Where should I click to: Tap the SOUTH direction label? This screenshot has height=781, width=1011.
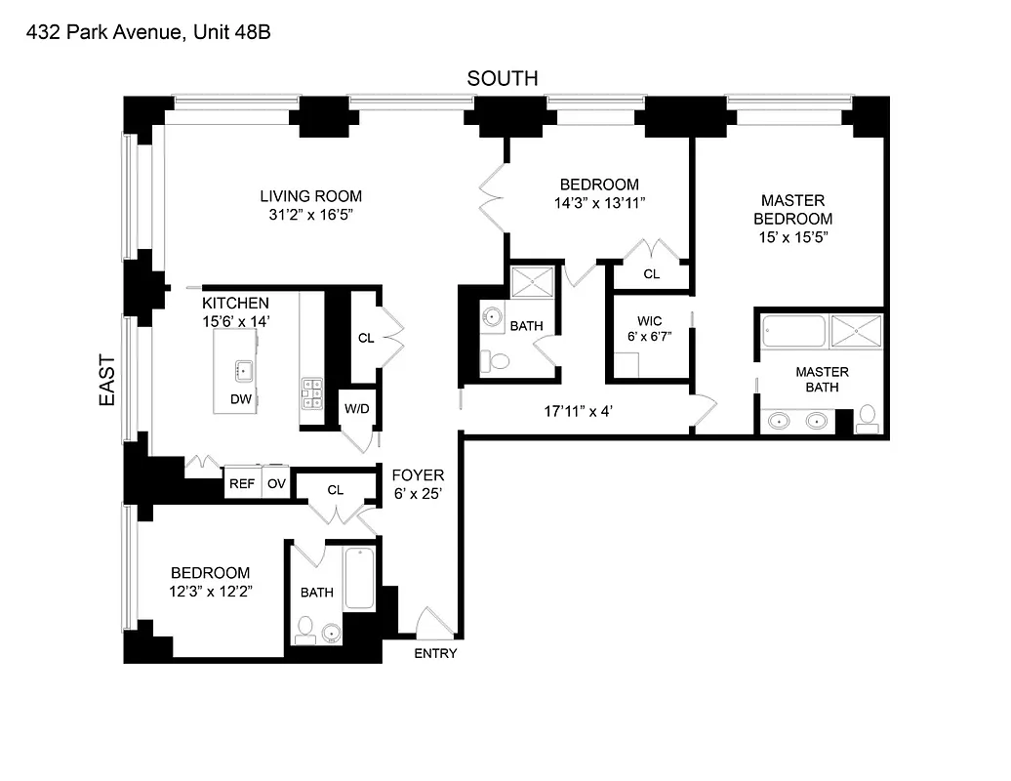pyautogui.click(x=503, y=79)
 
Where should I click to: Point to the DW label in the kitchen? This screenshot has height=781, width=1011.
pyautogui.click(x=240, y=399)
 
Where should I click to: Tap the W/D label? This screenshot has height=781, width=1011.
pyautogui.click(x=356, y=408)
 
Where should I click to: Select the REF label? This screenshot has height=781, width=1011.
pyautogui.click(x=241, y=484)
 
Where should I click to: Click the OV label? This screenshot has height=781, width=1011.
pyautogui.click(x=276, y=484)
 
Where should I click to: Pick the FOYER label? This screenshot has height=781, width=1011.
pyautogui.click(x=418, y=475)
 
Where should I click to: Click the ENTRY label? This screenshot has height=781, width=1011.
pyautogui.click(x=435, y=653)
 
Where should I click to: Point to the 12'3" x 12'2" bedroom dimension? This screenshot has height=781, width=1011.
pyautogui.click(x=212, y=592)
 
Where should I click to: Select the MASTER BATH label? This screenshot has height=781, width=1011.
pyautogui.click(x=822, y=380)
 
